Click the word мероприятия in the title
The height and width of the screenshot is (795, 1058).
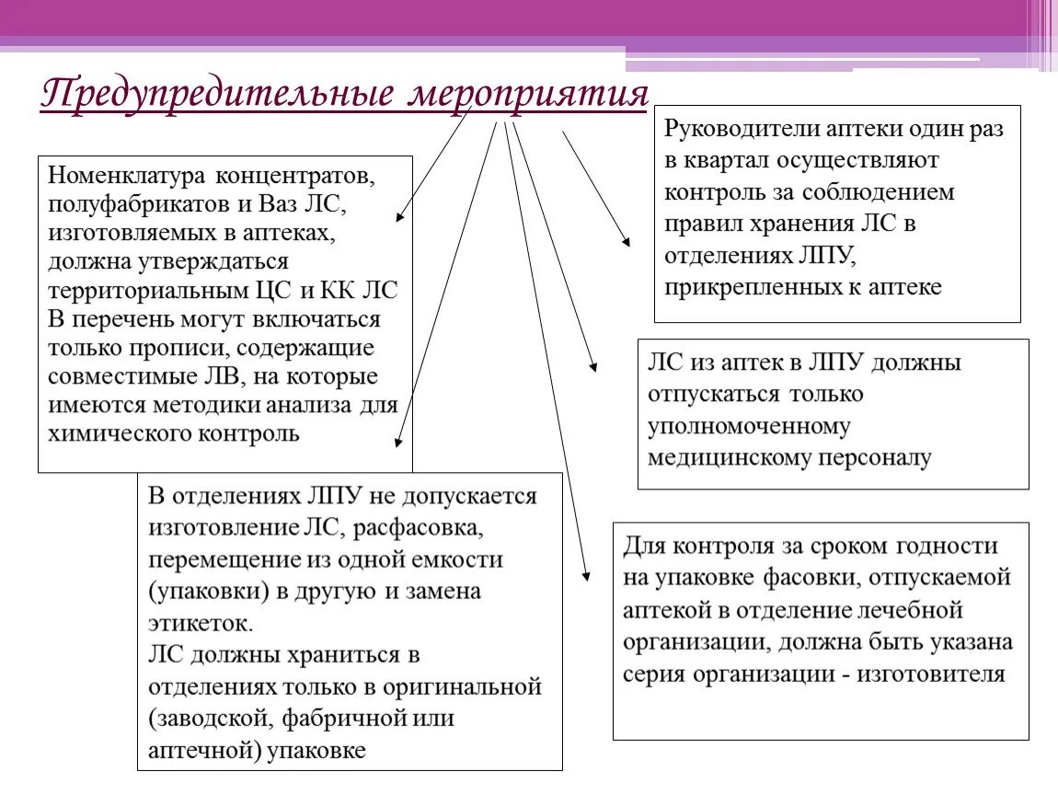pos(528,95)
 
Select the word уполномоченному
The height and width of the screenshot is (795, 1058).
pos(749,426)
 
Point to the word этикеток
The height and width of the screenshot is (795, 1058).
pos(198,624)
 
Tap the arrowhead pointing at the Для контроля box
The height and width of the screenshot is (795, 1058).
pos(586,577)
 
